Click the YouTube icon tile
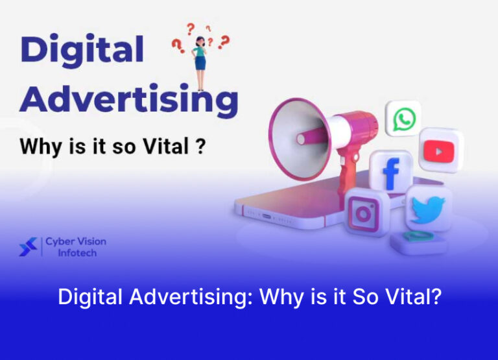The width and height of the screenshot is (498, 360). pyautogui.click(x=441, y=150)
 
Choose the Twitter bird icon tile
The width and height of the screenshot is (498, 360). pyautogui.click(x=428, y=210)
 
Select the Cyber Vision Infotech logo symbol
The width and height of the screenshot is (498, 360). pyautogui.click(x=28, y=246)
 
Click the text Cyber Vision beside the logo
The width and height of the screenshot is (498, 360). pyautogui.click(x=76, y=241)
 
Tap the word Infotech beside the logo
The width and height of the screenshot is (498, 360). pyautogui.click(x=77, y=253)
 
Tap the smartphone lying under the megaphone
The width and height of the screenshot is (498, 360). pyautogui.click(x=292, y=208)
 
